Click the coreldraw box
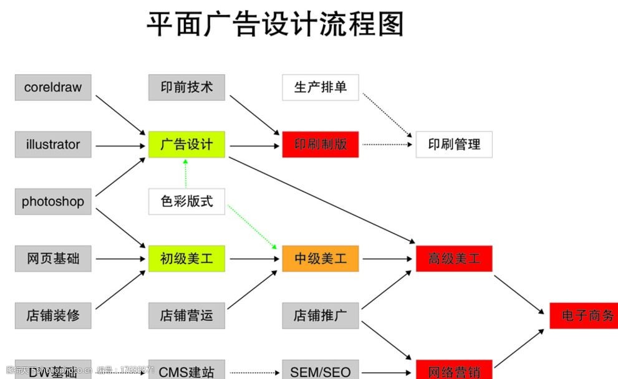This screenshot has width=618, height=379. click(x=53, y=87)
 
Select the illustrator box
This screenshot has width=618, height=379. click(x=53, y=145)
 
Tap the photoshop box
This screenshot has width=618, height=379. click(x=53, y=201)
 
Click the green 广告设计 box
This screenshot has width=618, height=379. click(x=186, y=145)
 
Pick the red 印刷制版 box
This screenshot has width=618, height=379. click(x=321, y=145)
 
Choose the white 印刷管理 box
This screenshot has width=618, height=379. click(x=454, y=145)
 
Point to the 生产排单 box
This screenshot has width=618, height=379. click(x=321, y=87)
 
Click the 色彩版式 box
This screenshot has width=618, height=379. click(x=186, y=201)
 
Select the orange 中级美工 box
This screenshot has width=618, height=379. click(x=321, y=259)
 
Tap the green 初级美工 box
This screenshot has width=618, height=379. click(x=186, y=259)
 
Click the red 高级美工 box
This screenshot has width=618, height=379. click(x=454, y=259)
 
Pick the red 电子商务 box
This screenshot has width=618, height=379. click(x=583, y=315)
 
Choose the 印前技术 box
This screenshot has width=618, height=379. click(x=186, y=87)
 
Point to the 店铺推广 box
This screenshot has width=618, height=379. click(x=321, y=315)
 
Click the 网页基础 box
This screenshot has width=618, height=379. click(x=53, y=259)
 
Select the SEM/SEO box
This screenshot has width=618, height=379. click(x=321, y=372)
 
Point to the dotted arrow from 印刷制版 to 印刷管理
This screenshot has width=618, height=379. click(x=387, y=145)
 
